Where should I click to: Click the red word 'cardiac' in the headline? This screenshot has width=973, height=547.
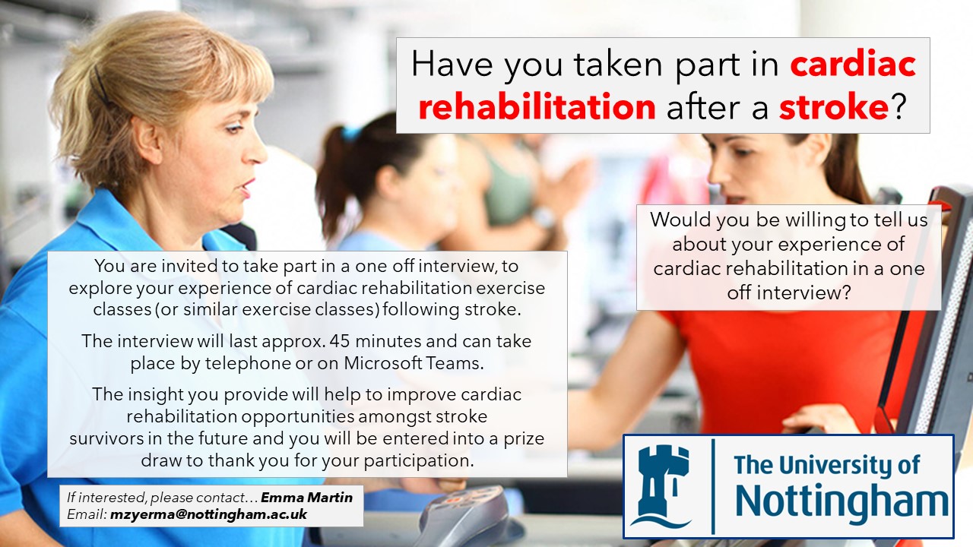coord(853,65)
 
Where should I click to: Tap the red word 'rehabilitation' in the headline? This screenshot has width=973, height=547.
coord(537,107)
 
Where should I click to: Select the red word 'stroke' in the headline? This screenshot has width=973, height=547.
coord(834,107)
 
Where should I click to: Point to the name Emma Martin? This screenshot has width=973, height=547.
coord(306,498)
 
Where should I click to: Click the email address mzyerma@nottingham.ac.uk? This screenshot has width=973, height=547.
coord(208,514)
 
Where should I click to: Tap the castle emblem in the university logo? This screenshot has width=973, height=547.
coord(661,485)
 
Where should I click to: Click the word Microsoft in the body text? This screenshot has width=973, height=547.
coord(383,363)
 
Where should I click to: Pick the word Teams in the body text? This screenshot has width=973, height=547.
coord(454,363)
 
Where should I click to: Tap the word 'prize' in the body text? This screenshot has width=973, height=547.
coord(524,439)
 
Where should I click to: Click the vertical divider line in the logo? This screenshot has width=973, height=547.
coord(713,486)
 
